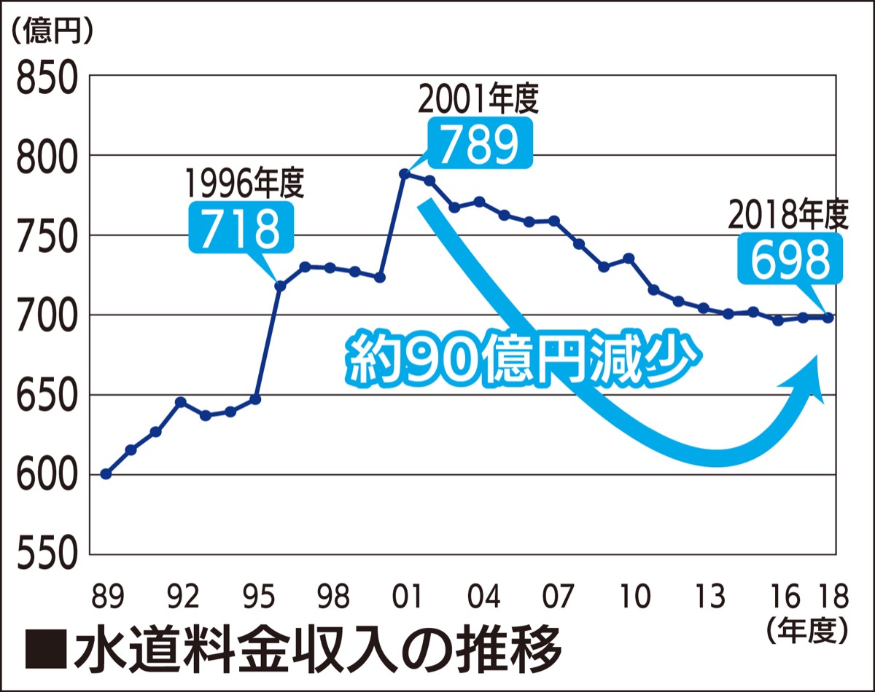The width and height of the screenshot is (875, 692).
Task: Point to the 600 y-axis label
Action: [46, 475]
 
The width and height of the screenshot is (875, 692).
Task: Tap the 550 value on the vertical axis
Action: [46, 555]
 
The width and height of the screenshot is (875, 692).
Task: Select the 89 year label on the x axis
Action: [106, 597]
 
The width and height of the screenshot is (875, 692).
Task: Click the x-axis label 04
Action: [483, 597]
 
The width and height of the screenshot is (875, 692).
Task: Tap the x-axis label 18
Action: [831, 597]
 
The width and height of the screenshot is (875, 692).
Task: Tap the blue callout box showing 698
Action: [790, 259]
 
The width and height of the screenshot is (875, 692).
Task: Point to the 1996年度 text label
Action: [244, 184]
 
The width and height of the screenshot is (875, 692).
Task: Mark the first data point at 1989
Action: [106, 474]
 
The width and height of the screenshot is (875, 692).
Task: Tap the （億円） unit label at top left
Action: [52, 33]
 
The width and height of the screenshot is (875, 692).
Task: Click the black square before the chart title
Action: [45, 648]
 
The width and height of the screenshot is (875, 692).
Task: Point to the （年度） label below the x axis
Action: [807, 629]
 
